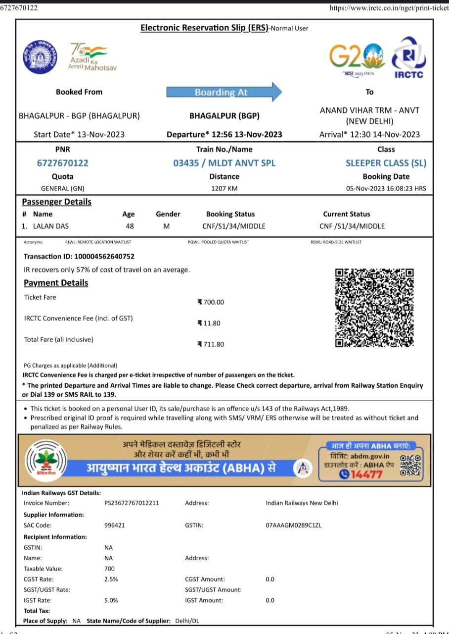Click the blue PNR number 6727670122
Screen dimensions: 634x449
click(x=62, y=163)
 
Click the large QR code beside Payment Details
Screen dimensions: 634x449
click(x=374, y=307)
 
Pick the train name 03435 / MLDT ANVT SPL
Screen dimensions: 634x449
click(x=224, y=163)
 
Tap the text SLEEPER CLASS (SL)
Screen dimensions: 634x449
click(x=386, y=163)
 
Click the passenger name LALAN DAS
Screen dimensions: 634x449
click(x=51, y=226)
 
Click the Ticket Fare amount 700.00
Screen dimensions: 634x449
click(x=212, y=302)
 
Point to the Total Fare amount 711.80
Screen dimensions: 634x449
click(x=212, y=344)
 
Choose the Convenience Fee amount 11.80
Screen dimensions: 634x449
click(x=210, y=323)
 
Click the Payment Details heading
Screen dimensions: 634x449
click(x=56, y=283)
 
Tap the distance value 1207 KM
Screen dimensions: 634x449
click(x=224, y=189)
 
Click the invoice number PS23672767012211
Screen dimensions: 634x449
click(x=132, y=503)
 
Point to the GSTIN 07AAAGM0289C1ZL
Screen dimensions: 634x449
click(x=293, y=525)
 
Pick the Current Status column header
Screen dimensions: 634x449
click(x=346, y=214)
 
